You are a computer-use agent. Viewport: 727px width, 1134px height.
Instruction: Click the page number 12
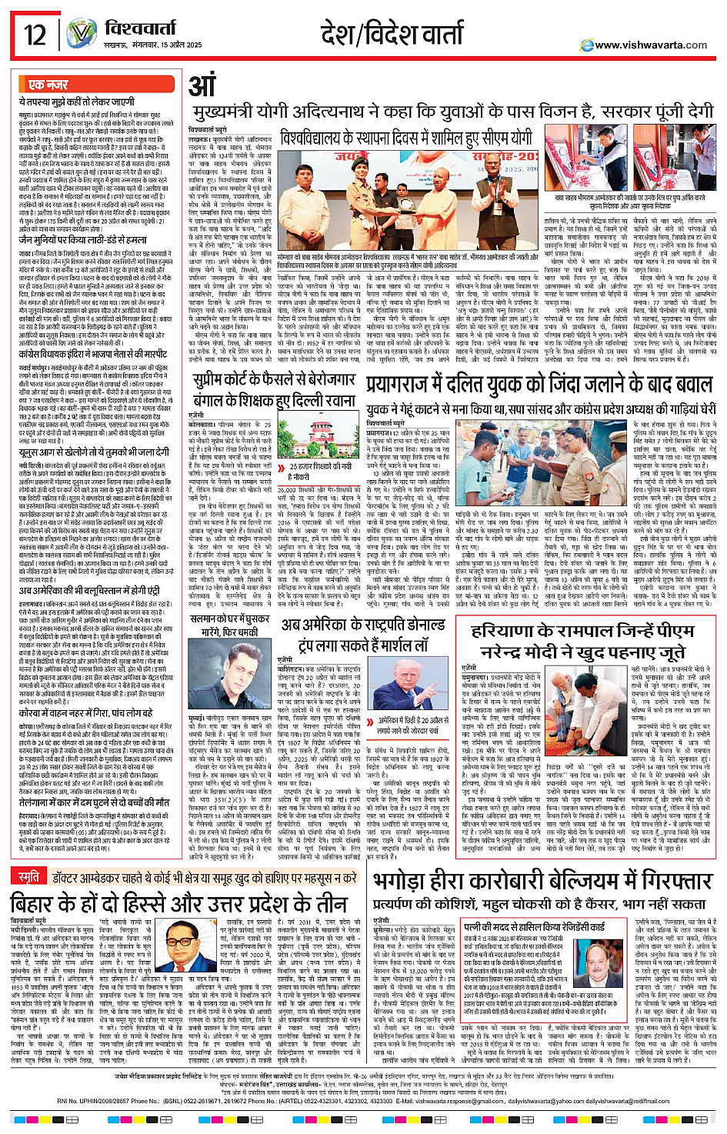coord(34,35)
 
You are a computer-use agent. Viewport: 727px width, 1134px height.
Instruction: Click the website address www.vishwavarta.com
coord(651,45)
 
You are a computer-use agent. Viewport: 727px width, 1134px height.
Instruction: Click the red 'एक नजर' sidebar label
coord(48,84)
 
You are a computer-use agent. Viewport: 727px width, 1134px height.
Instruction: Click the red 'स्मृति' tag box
coord(29,856)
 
